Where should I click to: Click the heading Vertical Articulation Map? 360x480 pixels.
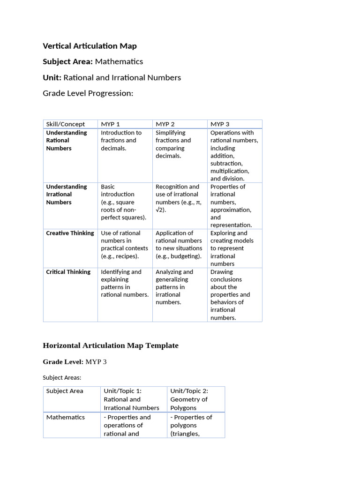pos(90,46)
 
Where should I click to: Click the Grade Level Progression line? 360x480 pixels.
pos(88,93)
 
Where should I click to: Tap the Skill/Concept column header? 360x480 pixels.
pos(66,124)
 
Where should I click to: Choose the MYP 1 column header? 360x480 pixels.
pos(111,124)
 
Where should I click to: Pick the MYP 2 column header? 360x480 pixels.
pos(165,124)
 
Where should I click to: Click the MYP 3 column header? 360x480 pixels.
pos(220,124)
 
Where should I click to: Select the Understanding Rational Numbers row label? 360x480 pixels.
pos(66,140)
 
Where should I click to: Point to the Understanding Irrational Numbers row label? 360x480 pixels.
pos(66,194)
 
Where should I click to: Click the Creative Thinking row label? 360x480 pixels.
pos(70,233)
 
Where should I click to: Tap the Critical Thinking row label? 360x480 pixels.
pos(68,272)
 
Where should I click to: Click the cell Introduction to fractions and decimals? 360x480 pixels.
pos(121,140)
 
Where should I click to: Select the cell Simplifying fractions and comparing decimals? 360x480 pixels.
pos(173,144)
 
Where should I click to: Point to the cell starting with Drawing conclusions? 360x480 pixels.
pos(230,294)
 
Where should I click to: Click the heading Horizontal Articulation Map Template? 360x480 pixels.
pos(111,345)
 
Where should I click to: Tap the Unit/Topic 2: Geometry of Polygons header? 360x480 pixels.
pos(189,399)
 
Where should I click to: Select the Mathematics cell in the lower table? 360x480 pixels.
pos(66,417)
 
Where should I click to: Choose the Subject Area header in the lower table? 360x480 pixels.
pos(65,391)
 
